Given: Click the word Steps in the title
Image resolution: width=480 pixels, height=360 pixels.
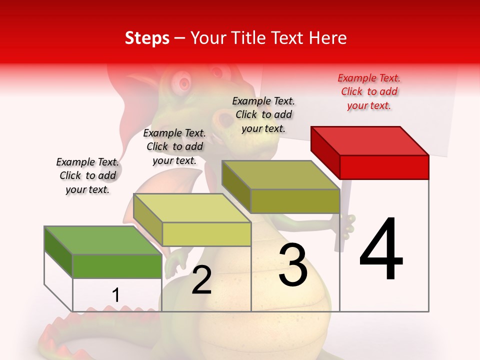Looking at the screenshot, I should point(147,38).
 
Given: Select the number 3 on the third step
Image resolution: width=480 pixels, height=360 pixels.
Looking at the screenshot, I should point(293,265).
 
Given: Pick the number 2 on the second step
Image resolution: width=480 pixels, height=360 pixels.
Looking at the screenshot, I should point(201,280).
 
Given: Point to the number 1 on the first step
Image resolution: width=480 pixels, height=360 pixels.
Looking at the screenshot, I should point(116,295).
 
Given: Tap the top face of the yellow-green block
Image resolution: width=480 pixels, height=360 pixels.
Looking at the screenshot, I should point(192,208).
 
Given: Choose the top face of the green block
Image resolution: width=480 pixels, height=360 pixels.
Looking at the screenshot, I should point(103,240).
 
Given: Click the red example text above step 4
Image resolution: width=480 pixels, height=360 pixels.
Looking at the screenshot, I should point(369,91).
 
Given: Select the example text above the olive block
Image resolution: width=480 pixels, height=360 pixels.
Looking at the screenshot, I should point(263,114).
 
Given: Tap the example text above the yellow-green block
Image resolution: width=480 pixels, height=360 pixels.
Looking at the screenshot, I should point(174,146).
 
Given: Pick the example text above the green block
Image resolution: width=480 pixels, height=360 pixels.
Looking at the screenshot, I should point(87,175).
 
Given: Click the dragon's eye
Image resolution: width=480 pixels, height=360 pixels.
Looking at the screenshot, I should point(184,82).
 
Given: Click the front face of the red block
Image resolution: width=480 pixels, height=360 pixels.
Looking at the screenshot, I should point(384,167).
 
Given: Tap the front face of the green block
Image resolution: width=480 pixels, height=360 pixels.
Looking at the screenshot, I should point(117,266).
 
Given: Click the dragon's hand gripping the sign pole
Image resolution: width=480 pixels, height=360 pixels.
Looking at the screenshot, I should point(348,222).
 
